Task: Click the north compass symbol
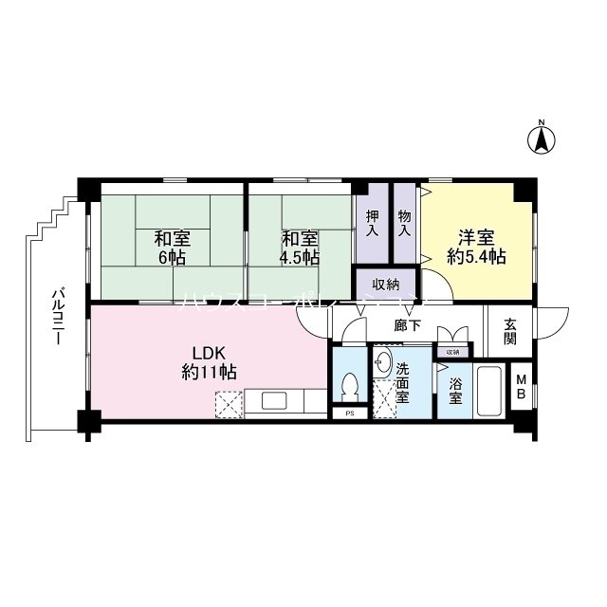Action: pyautogui.click(x=541, y=139)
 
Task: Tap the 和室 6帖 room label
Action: pyautogui.click(x=171, y=248)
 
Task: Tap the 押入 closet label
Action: pyautogui.click(x=373, y=224)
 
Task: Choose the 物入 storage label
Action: pyautogui.click(x=405, y=224)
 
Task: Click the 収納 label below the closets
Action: pyautogui.click(x=384, y=283)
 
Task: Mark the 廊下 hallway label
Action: pyautogui.click(x=407, y=326)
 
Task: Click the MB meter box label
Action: pyautogui.click(x=521, y=387)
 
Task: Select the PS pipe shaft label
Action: pyautogui.click(x=350, y=414)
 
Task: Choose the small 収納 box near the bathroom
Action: pyautogui.click(x=452, y=352)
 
